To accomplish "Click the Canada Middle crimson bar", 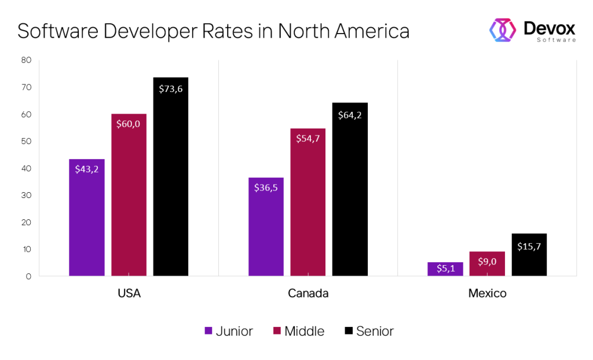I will coord(308,202).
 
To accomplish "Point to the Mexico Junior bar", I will coord(445,269).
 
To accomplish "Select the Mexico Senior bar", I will coord(529,255).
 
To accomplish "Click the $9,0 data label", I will coord(487,262).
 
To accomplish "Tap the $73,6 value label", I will coord(171,89).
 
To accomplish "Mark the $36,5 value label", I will coord(266,188).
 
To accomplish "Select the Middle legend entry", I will coord(298,331).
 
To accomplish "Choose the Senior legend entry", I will coord(369,331).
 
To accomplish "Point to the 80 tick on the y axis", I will coord(26,60).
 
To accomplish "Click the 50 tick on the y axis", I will coord(26,141).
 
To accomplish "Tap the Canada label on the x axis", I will coord(308,293).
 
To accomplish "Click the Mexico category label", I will coord(487,293).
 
